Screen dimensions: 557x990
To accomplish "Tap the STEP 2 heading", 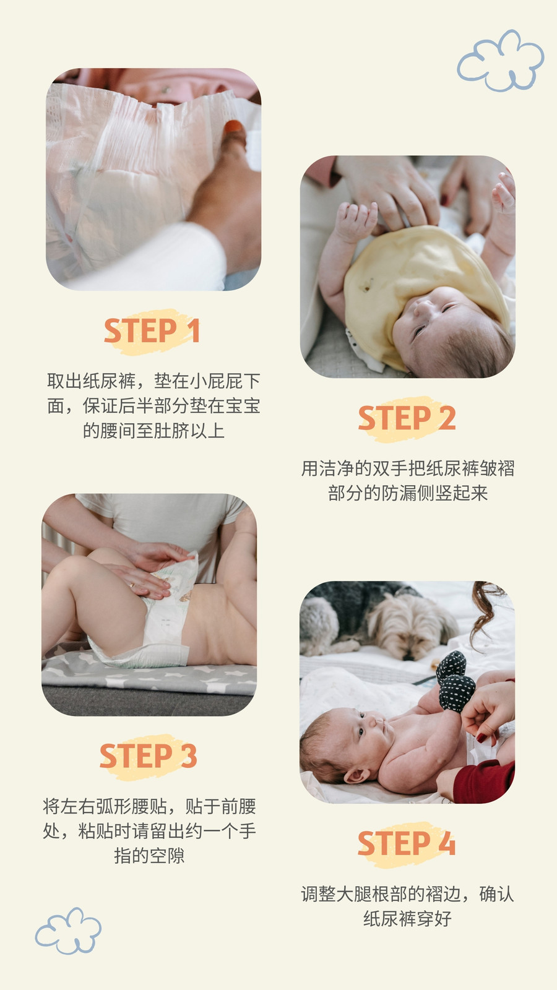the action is [x=407, y=418].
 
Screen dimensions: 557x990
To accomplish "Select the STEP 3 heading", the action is [x=148, y=755].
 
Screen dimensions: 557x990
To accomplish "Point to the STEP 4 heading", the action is [x=407, y=843].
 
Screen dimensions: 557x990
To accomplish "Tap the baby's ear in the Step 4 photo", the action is [x=357, y=775].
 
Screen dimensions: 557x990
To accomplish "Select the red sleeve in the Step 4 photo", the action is [x=484, y=781].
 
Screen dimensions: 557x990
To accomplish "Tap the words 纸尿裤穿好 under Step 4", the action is [x=407, y=918].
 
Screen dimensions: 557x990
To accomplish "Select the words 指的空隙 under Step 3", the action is [x=149, y=856].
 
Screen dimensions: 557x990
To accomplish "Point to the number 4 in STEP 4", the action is [x=446, y=843].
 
